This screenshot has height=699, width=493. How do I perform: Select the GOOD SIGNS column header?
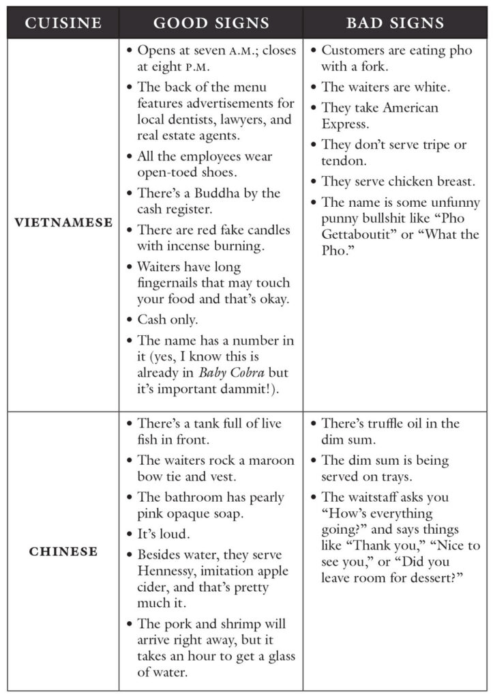[211, 23]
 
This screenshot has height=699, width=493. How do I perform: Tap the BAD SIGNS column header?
[395, 23]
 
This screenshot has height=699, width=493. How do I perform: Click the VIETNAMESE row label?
[63, 223]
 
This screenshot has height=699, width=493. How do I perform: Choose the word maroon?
[255, 460]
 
